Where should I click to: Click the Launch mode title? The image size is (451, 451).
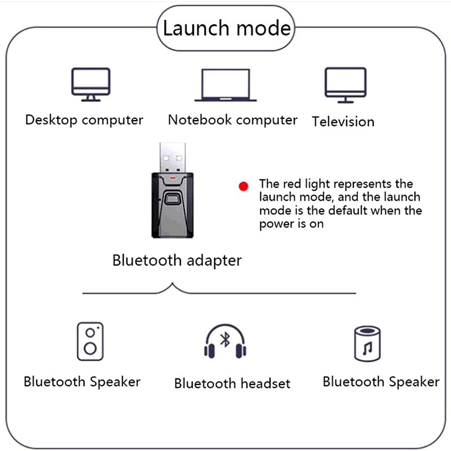click(227, 28)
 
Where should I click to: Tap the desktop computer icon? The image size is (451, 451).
click(90, 84)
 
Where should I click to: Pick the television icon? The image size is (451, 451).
click(345, 85)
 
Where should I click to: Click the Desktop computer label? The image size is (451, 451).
click(84, 120)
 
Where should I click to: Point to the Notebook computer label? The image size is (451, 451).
click(232, 120)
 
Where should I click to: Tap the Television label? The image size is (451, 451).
click(343, 122)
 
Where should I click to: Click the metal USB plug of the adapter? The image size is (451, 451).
click(173, 157)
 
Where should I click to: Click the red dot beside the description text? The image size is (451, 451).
click(243, 186)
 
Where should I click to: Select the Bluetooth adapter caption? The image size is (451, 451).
click(177, 260)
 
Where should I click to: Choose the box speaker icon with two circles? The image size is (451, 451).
click(90, 341)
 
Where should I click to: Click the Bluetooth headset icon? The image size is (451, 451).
click(225, 342)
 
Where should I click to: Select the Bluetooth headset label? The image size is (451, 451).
click(232, 384)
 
